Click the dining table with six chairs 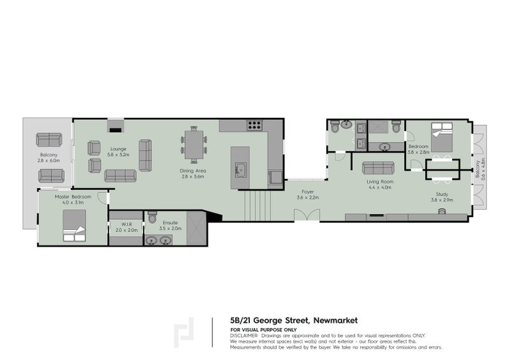click(x=194, y=145)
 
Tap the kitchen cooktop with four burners click(x=255, y=126)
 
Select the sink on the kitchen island click(x=242, y=169)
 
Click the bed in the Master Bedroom click(x=74, y=227)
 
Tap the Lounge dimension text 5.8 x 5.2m click(x=119, y=155)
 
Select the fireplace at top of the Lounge click(x=115, y=124)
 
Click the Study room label click(x=442, y=194)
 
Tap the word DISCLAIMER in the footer click(x=244, y=335)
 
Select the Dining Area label click(x=192, y=171)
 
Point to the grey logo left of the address click(x=186, y=331)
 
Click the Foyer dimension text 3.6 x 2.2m click(x=309, y=198)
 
